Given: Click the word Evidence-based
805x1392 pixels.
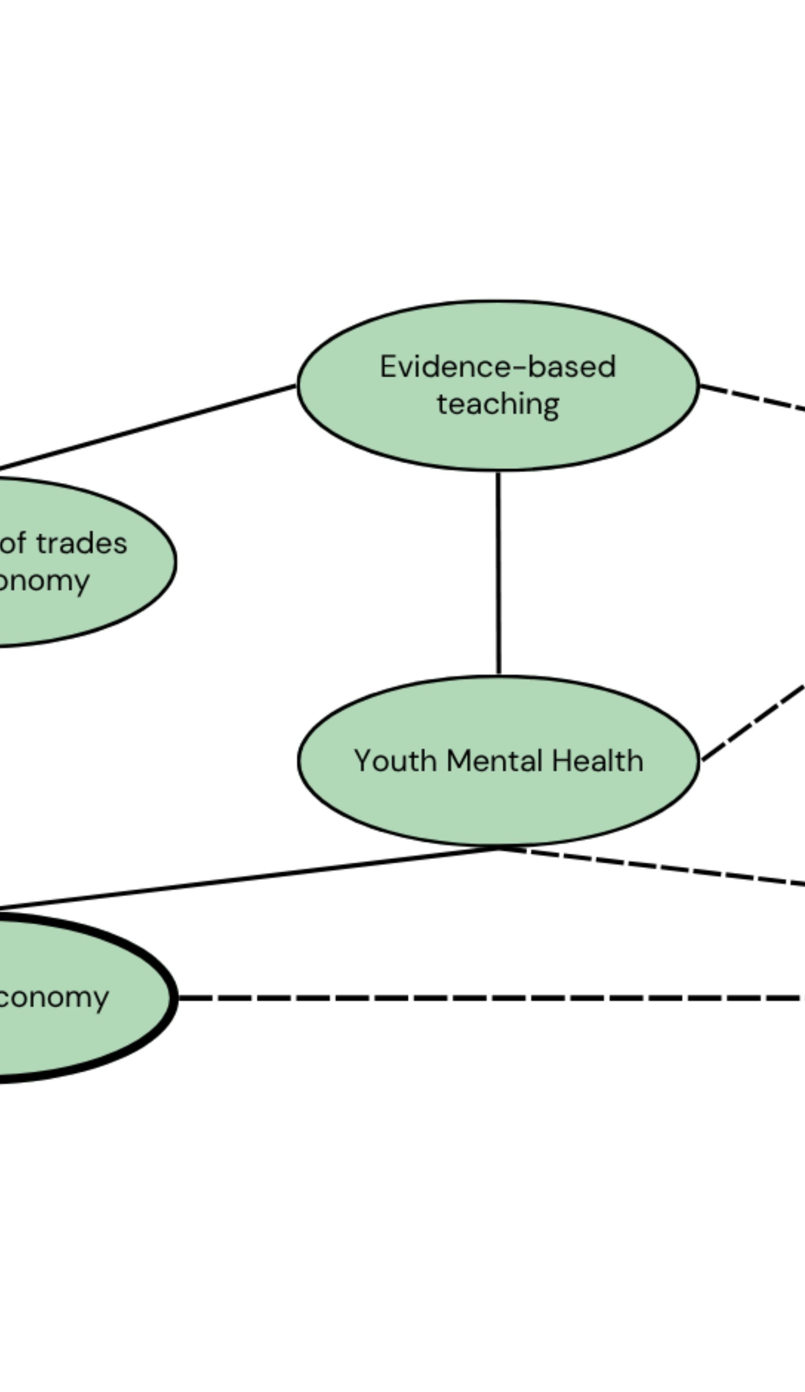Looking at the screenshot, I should (x=497, y=367).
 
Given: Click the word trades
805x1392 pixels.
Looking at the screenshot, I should (x=82, y=543).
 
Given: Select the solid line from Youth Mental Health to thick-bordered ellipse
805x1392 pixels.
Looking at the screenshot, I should (x=248, y=879).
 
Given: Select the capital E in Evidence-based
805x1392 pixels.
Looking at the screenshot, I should (x=388, y=367).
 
